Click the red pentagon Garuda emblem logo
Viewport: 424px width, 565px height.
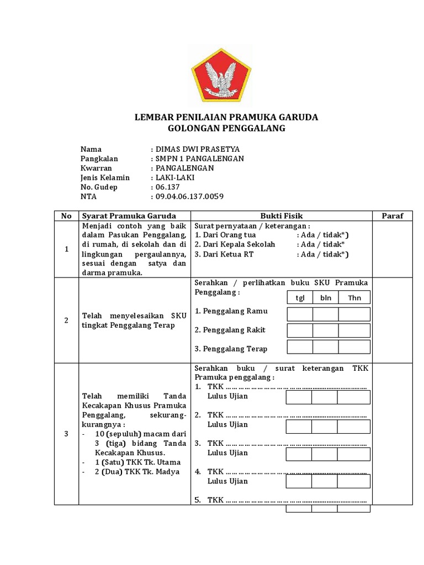point(221,75)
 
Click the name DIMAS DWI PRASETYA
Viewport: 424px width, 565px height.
point(198,149)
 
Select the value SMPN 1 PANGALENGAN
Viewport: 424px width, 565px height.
point(199,158)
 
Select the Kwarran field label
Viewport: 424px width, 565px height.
point(96,168)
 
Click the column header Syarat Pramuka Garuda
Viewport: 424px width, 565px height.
point(129,216)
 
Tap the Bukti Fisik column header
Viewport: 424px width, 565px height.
point(282,216)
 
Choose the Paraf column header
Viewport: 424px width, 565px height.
point(393,216)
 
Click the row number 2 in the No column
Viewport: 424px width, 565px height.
point(66,321)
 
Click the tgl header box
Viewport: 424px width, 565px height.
point(300,298)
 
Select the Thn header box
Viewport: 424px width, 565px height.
point(354,298)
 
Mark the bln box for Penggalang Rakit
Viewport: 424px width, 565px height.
point(326,331)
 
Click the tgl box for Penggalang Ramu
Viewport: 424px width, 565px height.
point(300,315)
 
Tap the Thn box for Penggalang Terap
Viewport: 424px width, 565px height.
point(354,347)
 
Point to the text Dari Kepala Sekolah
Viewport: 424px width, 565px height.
point(235,244)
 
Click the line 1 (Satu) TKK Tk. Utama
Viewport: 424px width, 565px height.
point(134,462)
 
